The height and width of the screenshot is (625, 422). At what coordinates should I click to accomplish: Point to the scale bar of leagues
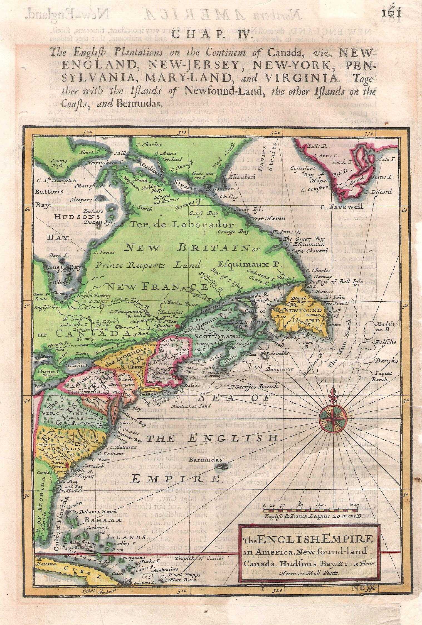coord(310,511)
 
